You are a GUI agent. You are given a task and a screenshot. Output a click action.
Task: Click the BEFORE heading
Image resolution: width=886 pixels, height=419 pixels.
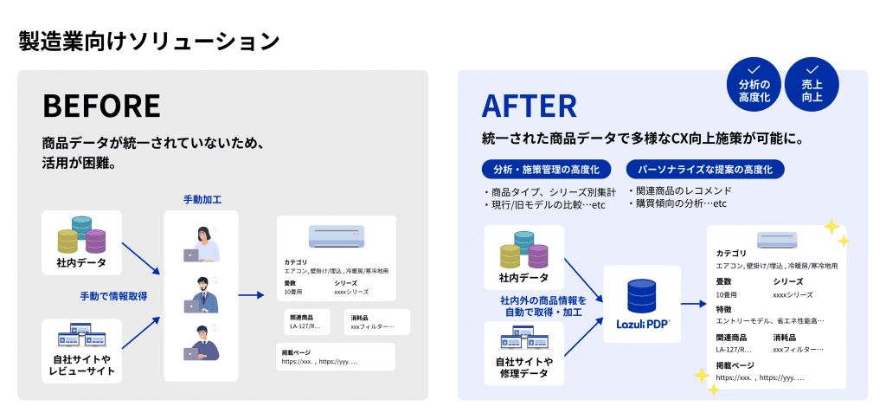click(101, 106)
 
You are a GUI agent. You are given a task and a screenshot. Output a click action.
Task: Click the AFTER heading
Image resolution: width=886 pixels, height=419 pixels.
click(529, 106)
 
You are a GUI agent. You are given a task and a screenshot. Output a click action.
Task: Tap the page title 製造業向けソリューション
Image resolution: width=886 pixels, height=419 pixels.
click(149, 41)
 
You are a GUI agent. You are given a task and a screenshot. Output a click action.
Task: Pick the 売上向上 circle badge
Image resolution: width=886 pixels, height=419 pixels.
click(812, 84)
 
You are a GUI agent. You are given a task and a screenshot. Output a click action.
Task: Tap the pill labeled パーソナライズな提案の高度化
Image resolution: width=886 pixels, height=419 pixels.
click(705, 169)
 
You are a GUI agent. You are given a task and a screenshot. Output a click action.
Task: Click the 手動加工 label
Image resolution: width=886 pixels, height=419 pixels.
click(202, 200)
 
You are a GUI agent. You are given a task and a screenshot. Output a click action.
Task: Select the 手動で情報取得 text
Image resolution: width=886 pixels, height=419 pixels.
click(113, 296)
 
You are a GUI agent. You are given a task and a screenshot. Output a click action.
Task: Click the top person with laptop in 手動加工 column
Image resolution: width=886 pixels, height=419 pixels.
click(202, 244)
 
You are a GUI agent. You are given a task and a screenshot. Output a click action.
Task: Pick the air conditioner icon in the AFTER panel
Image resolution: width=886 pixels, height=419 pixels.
click(777, 240)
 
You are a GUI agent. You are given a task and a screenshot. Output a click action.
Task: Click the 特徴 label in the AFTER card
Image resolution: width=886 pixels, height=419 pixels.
click(723, 309)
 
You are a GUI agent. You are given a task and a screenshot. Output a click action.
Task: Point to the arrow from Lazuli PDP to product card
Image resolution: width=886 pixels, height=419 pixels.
click(693, 304)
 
